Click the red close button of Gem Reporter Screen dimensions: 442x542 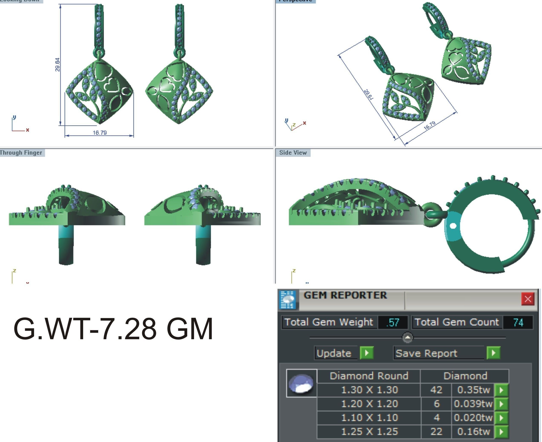pos(528,299)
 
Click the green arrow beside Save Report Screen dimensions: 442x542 pos(493,353)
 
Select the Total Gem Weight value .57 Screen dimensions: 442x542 pos(393,323)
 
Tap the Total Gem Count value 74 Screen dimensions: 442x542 pos(518,323)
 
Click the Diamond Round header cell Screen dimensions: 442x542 pos(369,376)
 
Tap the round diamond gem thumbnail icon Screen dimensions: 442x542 pos(302,383)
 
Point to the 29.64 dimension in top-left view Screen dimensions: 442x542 pos(58,65)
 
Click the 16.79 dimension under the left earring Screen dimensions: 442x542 pos(100,133)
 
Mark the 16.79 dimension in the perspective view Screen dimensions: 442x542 pos(429,126)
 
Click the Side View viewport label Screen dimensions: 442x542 pos(293,153)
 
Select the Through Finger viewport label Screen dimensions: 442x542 pos(21,153)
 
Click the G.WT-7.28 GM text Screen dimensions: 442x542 pos(113,329)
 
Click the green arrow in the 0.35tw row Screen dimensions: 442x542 pos(501,390)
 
